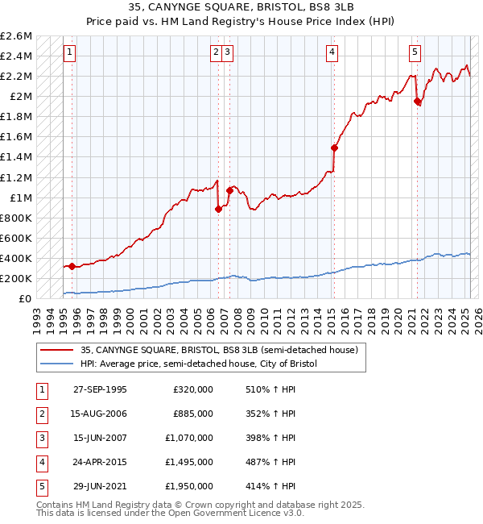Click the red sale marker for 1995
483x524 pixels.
[x=72, y=266]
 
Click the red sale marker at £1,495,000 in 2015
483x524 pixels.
[x=333, y=148]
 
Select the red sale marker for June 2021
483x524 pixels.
[x=417, y=102]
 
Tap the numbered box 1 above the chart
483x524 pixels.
[x=70, y=53]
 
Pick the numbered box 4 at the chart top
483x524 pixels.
[x=332, y=53]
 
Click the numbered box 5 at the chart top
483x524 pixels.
[x=415, y=53]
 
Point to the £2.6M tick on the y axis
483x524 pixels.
[x=16, y=36]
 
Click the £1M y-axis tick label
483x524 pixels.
[x=20, y=198]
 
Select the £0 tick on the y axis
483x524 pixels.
[x=26, y=298]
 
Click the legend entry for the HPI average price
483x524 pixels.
[x=199, y=364]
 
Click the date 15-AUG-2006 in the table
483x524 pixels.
[x=101, y=414]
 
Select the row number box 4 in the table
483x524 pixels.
[x=40, y=462]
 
